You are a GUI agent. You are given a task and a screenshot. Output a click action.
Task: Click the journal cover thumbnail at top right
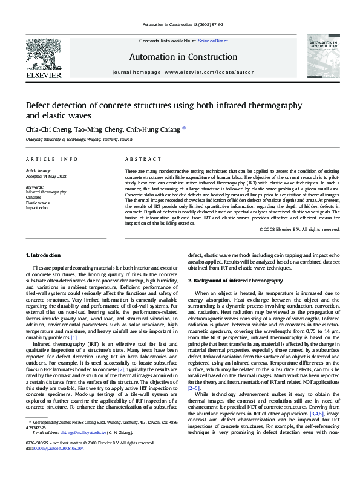point(322,58)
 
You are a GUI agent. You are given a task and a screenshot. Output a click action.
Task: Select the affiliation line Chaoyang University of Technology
point(79,139)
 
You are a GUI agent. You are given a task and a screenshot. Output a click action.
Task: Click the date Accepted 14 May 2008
point(46,177)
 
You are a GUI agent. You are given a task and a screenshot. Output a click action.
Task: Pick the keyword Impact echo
point(36,207)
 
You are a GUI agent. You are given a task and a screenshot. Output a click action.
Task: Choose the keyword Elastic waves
point(38,203)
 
